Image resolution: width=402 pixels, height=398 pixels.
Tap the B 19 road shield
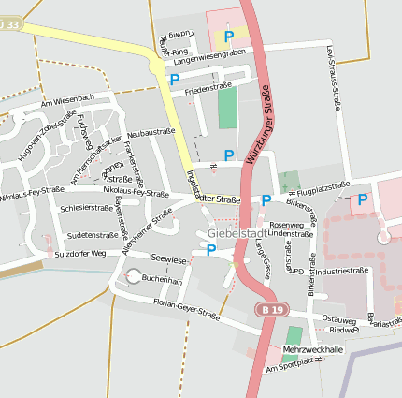point(271,309)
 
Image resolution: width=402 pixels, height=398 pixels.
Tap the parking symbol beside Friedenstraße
point(174,81)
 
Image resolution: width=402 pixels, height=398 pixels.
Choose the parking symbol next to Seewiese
point(211,250)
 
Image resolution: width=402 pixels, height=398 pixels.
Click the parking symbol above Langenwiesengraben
point(229,37)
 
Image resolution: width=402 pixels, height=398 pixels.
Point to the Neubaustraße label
point(151,134)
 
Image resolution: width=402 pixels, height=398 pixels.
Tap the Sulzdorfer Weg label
point(79,254)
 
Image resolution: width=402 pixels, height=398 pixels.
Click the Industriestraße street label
point(340,271)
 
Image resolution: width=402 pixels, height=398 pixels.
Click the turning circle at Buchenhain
point(133,276)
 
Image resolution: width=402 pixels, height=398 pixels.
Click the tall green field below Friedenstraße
point(227,110)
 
